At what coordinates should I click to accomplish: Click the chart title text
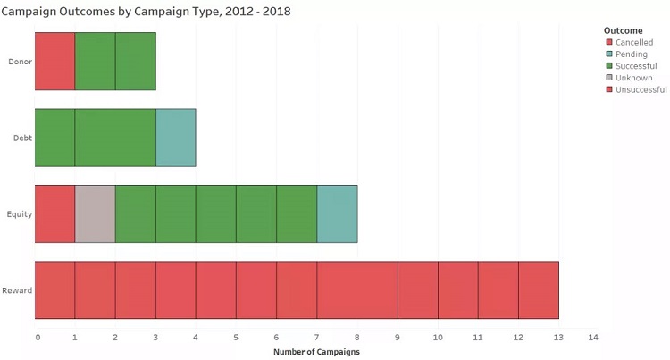[146, 11]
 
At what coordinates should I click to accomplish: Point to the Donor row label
[19, 62]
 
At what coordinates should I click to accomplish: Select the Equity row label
[20, 214]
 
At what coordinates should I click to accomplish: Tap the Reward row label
[18, 290]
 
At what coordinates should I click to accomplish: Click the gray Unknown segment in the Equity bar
[95, 214]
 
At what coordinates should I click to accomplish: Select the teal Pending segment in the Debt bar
[175, 138]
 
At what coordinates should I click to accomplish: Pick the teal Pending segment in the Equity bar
[337, 214]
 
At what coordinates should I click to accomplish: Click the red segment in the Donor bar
[54, 62]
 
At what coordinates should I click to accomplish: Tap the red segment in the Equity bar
[54, 214]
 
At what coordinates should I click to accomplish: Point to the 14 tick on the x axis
[592, 337]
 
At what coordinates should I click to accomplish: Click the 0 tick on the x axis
[38, 337]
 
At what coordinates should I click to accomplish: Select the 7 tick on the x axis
[316, 337]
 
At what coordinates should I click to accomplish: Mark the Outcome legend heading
[623, 30]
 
